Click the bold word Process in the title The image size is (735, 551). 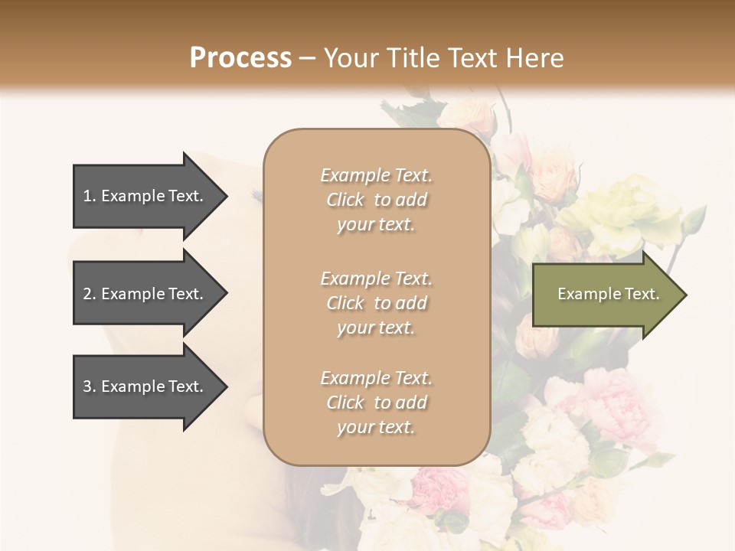(240, 58)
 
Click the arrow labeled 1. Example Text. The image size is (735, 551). (145, 196)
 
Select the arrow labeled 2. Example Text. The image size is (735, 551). (145, 294)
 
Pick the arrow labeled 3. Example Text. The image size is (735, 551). (145, 386)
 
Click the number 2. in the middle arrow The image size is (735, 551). (90, 294)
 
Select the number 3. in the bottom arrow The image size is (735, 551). (90, 386)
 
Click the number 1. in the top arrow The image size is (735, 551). (90, 196)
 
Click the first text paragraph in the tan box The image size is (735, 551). (376, 200)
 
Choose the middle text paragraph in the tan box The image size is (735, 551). (376, 303)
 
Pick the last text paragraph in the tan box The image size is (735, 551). (376, 403)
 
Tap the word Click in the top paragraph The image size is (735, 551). (345, 200)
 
